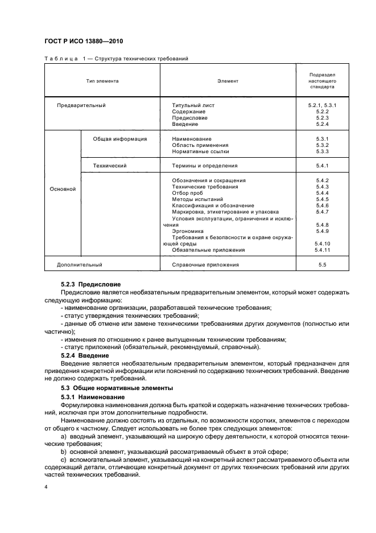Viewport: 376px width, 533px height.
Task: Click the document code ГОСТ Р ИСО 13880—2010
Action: tap(84, 42)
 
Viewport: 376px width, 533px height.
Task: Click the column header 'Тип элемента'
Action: tap(102, 81)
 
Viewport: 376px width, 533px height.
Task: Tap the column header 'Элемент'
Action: tap(228, 81)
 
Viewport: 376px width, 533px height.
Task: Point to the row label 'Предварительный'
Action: tap(81, 105)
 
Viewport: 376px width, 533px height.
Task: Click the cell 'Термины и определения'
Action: tap(204, 166)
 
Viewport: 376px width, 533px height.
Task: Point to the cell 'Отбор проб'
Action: tap(187, 193)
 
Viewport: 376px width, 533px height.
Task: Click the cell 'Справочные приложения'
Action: tap(205, 265)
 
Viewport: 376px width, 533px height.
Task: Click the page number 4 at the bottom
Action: tap(46, 487)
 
